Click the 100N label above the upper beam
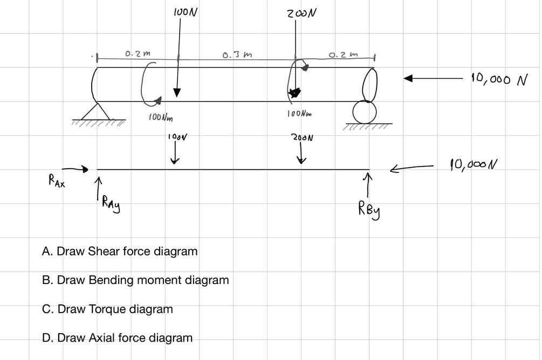click(x=186, y=11)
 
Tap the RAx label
click(x=56, y=183)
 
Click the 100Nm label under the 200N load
click(x=300, y=114)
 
